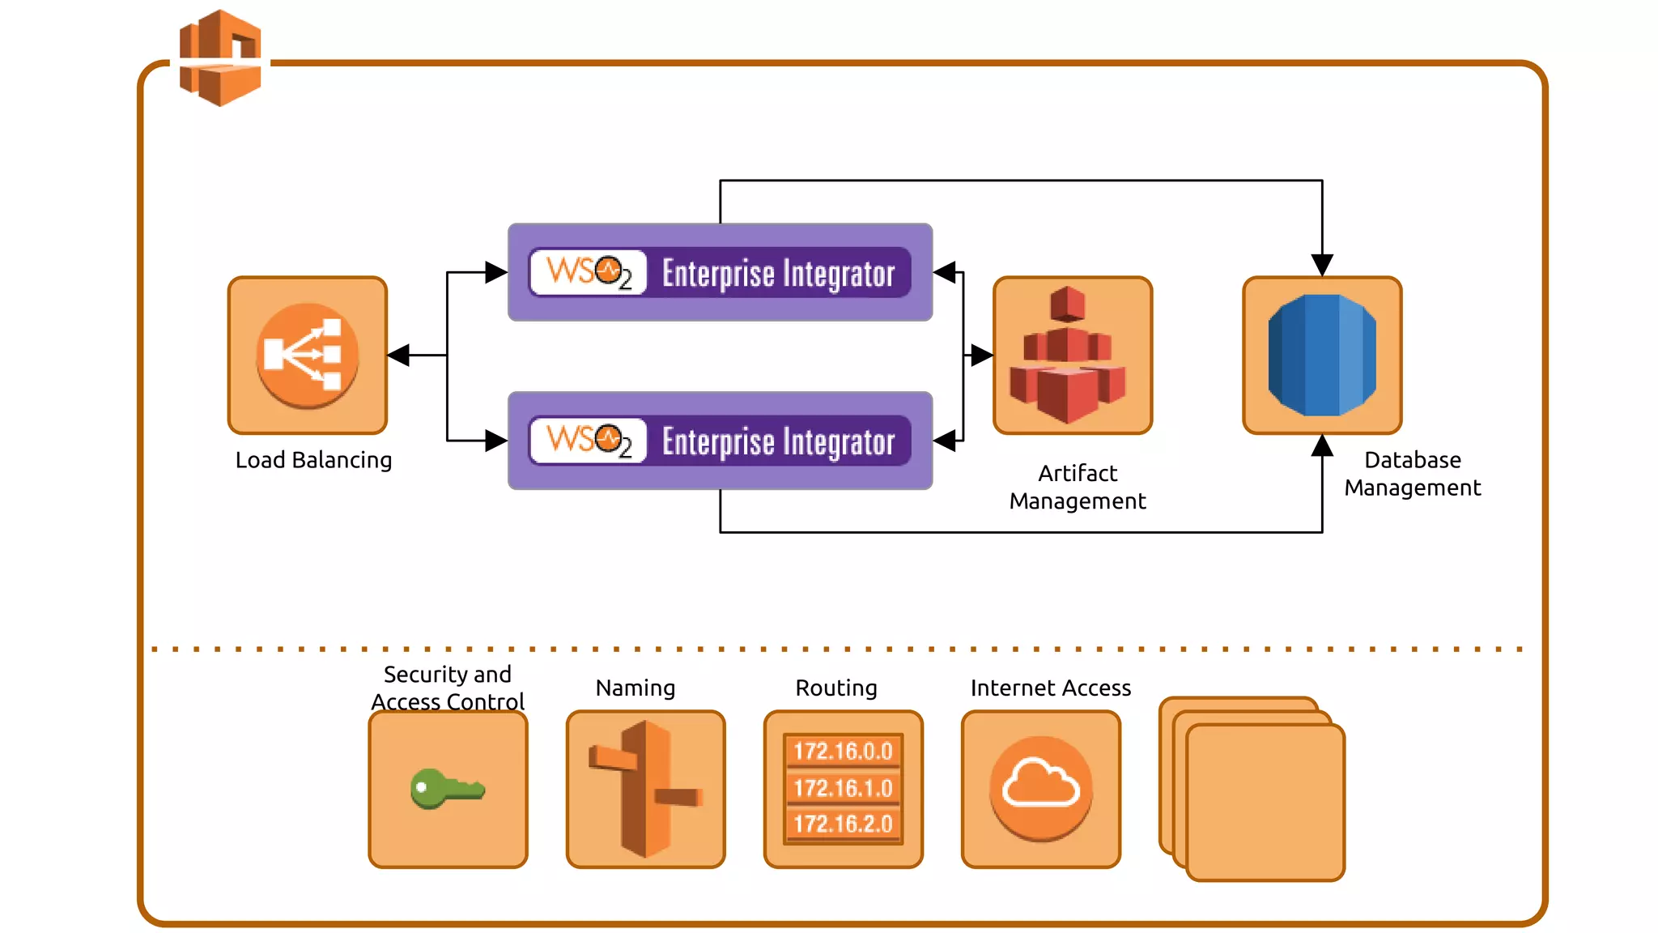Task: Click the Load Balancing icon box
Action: click(x=308, y=355)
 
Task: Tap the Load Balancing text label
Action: click(x=313, y=460)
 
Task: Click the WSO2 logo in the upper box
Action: click(x=589, y=272)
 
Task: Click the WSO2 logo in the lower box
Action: click(x=589, y=441)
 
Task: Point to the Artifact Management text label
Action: click(x=1078, y=487)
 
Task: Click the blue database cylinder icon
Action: click(x=1322, y=356)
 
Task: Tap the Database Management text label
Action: click(x=1413, y=474)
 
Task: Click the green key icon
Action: click(x=446, y=788)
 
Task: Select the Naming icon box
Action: click(x=645, y=789)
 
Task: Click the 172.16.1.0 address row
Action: click(x=843, y=788)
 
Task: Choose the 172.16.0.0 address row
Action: click(x=843, y=751)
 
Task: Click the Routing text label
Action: click(x=836, y=688)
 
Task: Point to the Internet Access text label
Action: click(x=1050, y=688)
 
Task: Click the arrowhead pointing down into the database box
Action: click(x=1322, y=265)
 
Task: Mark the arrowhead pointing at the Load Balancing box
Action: click(x=399, y=355)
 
